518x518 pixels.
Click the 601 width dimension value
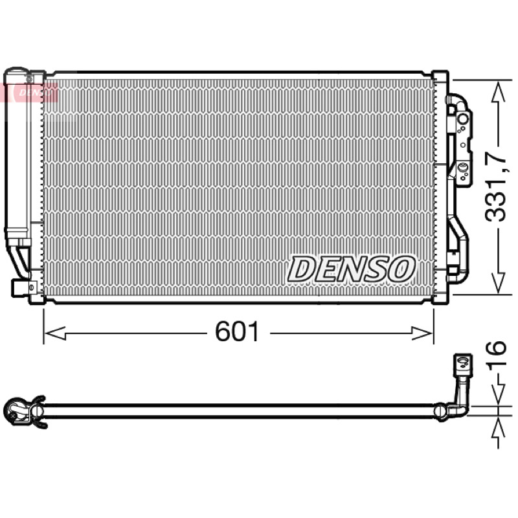[237, 332]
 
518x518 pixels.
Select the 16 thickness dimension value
[495, 353]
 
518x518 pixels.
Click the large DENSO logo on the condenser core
[352, 269]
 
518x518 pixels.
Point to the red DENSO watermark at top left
[32, 93]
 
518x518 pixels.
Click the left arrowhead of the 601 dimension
[55, 333]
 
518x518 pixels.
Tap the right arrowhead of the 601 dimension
[422, 333]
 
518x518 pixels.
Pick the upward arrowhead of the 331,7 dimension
[498, 92]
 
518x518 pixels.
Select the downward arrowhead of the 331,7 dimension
[498, 283]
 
